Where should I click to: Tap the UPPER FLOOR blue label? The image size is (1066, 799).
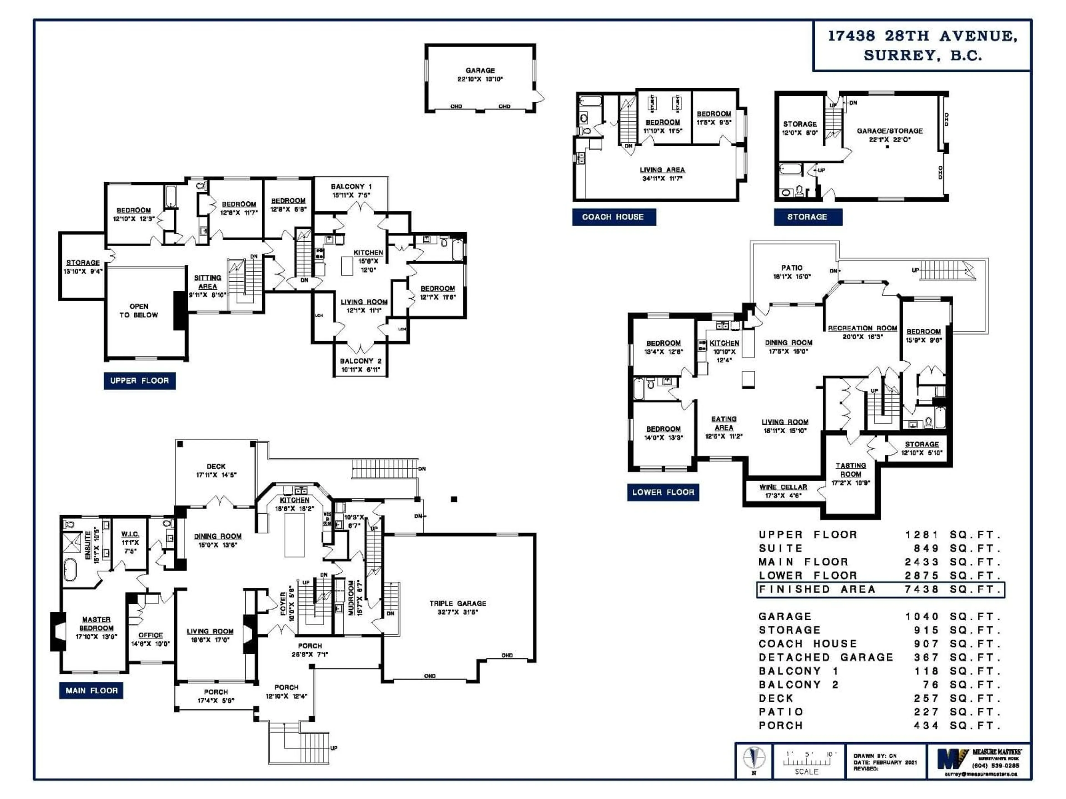pyautogui.click(x=139, y=380)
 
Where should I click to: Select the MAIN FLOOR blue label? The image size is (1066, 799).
pyautogui.click(x=91, y=691)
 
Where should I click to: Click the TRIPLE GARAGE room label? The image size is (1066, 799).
pyautogui.click(x=457, y=603)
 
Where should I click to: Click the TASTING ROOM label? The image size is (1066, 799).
pyautogui.click(x=851, y=470)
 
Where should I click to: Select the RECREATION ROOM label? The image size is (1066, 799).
pyautogui.click(x=862, y=328)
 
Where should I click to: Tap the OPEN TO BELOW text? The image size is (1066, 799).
pyautogui.click(x=139, y=311)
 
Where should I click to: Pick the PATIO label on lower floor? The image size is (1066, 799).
pyautogui.click(x=792, y=268)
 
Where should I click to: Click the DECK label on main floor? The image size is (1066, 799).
pyautogui.click(x=216, y=466)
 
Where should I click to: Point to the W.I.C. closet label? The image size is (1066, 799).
pyautogui.click(x=130, y=534)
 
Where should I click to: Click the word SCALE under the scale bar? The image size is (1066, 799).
pyautogui.click(x=806, y=772)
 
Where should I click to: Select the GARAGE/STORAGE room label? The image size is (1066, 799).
pyautogui.click(x=890, y=131)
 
